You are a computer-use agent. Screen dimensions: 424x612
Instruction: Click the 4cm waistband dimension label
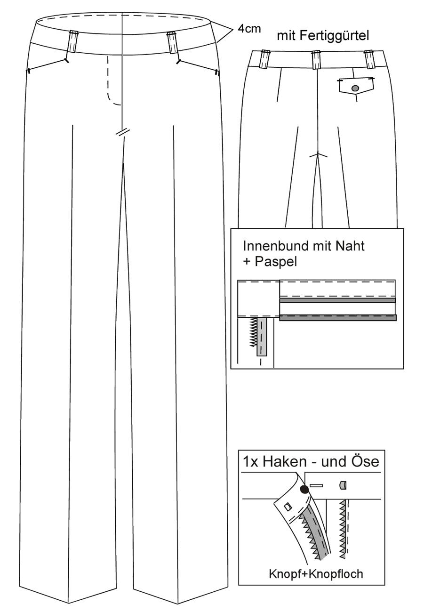pyautogui.click(x=249, y=29)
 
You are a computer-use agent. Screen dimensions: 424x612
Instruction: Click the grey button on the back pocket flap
pyautogui.click(x=355, y=88)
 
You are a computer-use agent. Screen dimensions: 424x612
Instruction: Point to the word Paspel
pyautogui.click(x=276, y=262)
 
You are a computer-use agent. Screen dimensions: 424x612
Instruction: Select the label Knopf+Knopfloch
pyautogui.click(x=316, y=574)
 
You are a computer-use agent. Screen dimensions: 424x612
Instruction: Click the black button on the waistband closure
pyautogui.click(x=304, y=490)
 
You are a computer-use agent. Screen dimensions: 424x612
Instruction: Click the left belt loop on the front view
pyautogui.click(x=73, y=41)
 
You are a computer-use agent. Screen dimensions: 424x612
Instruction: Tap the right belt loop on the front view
pyautogui.click(x=172, y=42)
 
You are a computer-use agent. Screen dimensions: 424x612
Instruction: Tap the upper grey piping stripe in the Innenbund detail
pyautogui.click(x=337, y=300)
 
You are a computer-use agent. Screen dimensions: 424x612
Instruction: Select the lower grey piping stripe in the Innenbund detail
pyautogui.click(x=338, y=317)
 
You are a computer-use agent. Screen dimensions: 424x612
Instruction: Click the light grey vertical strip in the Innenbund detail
pyautogui.click(x=262, y=337)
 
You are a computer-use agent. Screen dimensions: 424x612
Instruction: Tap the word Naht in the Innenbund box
pyautogui.click(x=350, y=246)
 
